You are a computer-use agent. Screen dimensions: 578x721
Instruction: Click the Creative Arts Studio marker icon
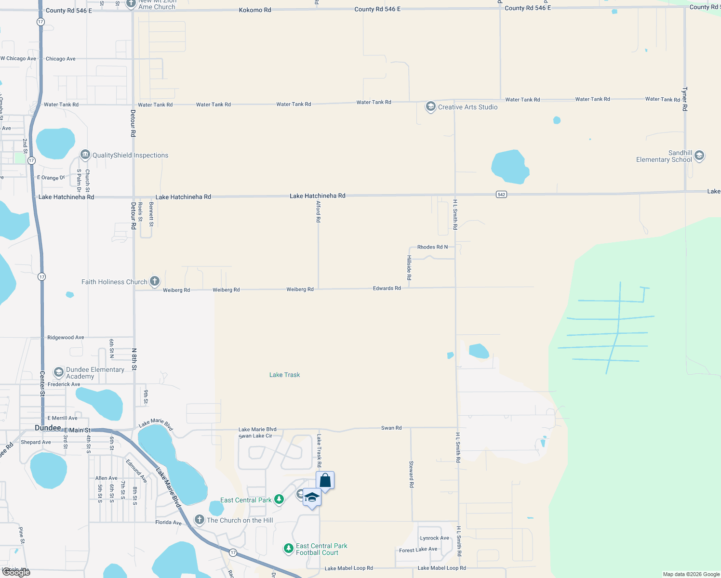coord(430,106)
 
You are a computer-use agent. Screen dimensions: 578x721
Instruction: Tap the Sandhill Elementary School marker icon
coord(699,156)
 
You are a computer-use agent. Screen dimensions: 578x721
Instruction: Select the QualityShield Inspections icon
coord(85,155)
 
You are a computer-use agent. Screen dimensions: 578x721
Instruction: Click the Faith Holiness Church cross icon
coord(155,281)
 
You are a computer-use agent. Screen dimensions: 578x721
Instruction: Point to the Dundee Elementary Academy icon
coord(58,372)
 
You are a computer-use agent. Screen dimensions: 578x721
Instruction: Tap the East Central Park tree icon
coord(279,499)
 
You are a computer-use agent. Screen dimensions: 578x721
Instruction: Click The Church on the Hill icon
coord(200,520)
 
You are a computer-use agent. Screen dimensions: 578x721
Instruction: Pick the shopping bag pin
coord(325,480)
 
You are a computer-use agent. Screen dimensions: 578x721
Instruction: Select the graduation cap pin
coord(312,497)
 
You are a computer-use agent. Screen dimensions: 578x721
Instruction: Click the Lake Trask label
coord(284,375)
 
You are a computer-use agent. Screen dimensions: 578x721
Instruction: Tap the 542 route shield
coord(501,194)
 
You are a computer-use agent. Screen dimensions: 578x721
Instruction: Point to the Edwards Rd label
coord(387,288)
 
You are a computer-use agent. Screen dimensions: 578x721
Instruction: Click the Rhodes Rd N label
coord(432,247)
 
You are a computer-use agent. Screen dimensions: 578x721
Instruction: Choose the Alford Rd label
coord(318,212)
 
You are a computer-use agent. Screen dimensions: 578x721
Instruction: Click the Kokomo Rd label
coord(255,10)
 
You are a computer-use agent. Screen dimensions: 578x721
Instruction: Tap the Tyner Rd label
coord(684,99)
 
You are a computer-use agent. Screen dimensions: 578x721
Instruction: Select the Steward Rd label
coord(411,474)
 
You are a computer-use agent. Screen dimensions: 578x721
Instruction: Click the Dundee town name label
coord(48,428)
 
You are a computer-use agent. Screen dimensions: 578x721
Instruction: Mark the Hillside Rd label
coord(409,268)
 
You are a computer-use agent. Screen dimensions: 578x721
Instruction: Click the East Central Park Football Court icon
coord(288,549)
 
